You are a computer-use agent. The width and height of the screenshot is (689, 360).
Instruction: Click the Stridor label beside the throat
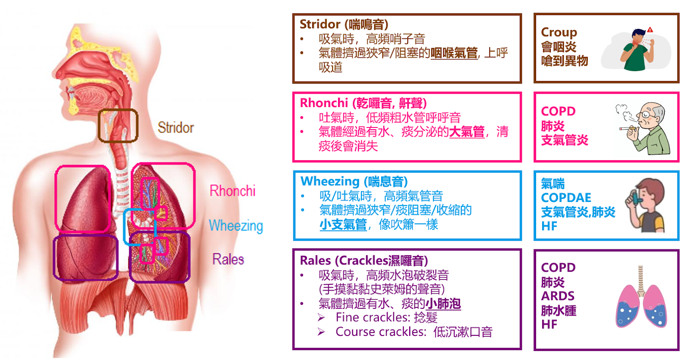click(176, 127)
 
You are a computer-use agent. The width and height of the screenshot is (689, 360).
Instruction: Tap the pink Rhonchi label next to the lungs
click(232, 191)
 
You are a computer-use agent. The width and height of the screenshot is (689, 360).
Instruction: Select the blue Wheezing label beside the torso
click(236, 226)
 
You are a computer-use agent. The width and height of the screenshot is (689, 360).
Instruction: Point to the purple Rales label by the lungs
click(228, 259)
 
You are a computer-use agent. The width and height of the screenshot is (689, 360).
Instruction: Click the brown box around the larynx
click(118, 125)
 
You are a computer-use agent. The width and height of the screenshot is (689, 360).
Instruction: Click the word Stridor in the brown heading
click(320, 24)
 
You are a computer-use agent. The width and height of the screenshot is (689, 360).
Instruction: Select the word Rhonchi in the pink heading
click(324, 103)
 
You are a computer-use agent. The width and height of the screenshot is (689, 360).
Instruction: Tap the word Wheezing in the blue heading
click(330, 181)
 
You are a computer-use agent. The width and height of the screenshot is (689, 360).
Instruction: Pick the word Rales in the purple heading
click(316, 261)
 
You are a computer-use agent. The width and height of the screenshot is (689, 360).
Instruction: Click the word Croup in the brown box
click(559, 32)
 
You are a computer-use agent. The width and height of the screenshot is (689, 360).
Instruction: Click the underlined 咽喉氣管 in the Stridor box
click(454, 53)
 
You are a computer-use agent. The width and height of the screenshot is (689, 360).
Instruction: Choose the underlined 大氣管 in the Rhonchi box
click(467, 132)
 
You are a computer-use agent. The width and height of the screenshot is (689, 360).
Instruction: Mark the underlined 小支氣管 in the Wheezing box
click(343, 224)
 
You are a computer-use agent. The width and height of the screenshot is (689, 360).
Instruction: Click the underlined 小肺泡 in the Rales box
click(443, 304)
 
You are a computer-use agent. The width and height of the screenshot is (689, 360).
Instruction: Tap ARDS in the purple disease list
click(558, 296)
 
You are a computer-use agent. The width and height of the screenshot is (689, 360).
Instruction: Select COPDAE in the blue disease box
click(566, 198)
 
